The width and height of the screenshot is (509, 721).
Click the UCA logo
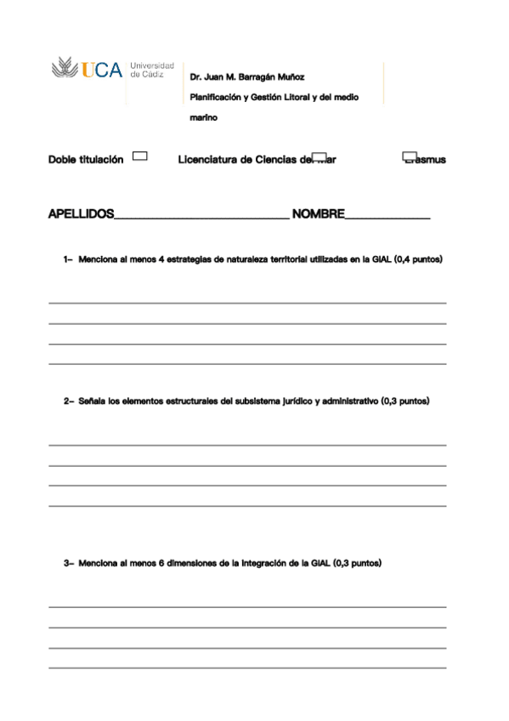tap(88, 69)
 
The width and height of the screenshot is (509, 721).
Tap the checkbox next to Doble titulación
tap(141, 156)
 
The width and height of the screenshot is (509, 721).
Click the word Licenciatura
tap(208, 160)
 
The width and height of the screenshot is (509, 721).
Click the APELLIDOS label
tap(81, 214)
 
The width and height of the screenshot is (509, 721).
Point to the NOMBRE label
tap(318, 214)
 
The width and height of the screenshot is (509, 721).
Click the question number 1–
tap(69, 258)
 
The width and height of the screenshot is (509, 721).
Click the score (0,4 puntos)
tap(418, 258)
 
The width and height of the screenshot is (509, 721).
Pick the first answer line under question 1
tap(246, 303)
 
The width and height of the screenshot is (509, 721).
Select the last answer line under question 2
tap(246, 506)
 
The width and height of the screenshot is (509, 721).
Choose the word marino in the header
tap(203, 118)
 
